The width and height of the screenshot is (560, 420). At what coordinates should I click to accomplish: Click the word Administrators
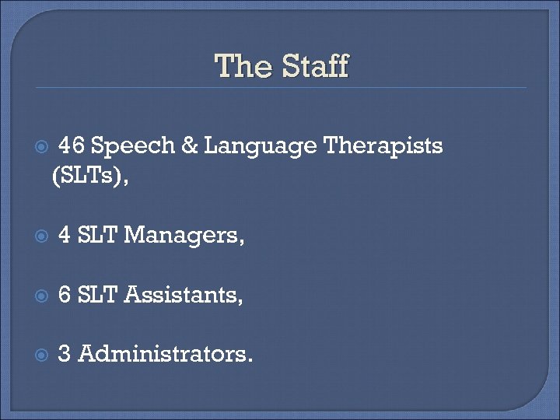tap(166, 354)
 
